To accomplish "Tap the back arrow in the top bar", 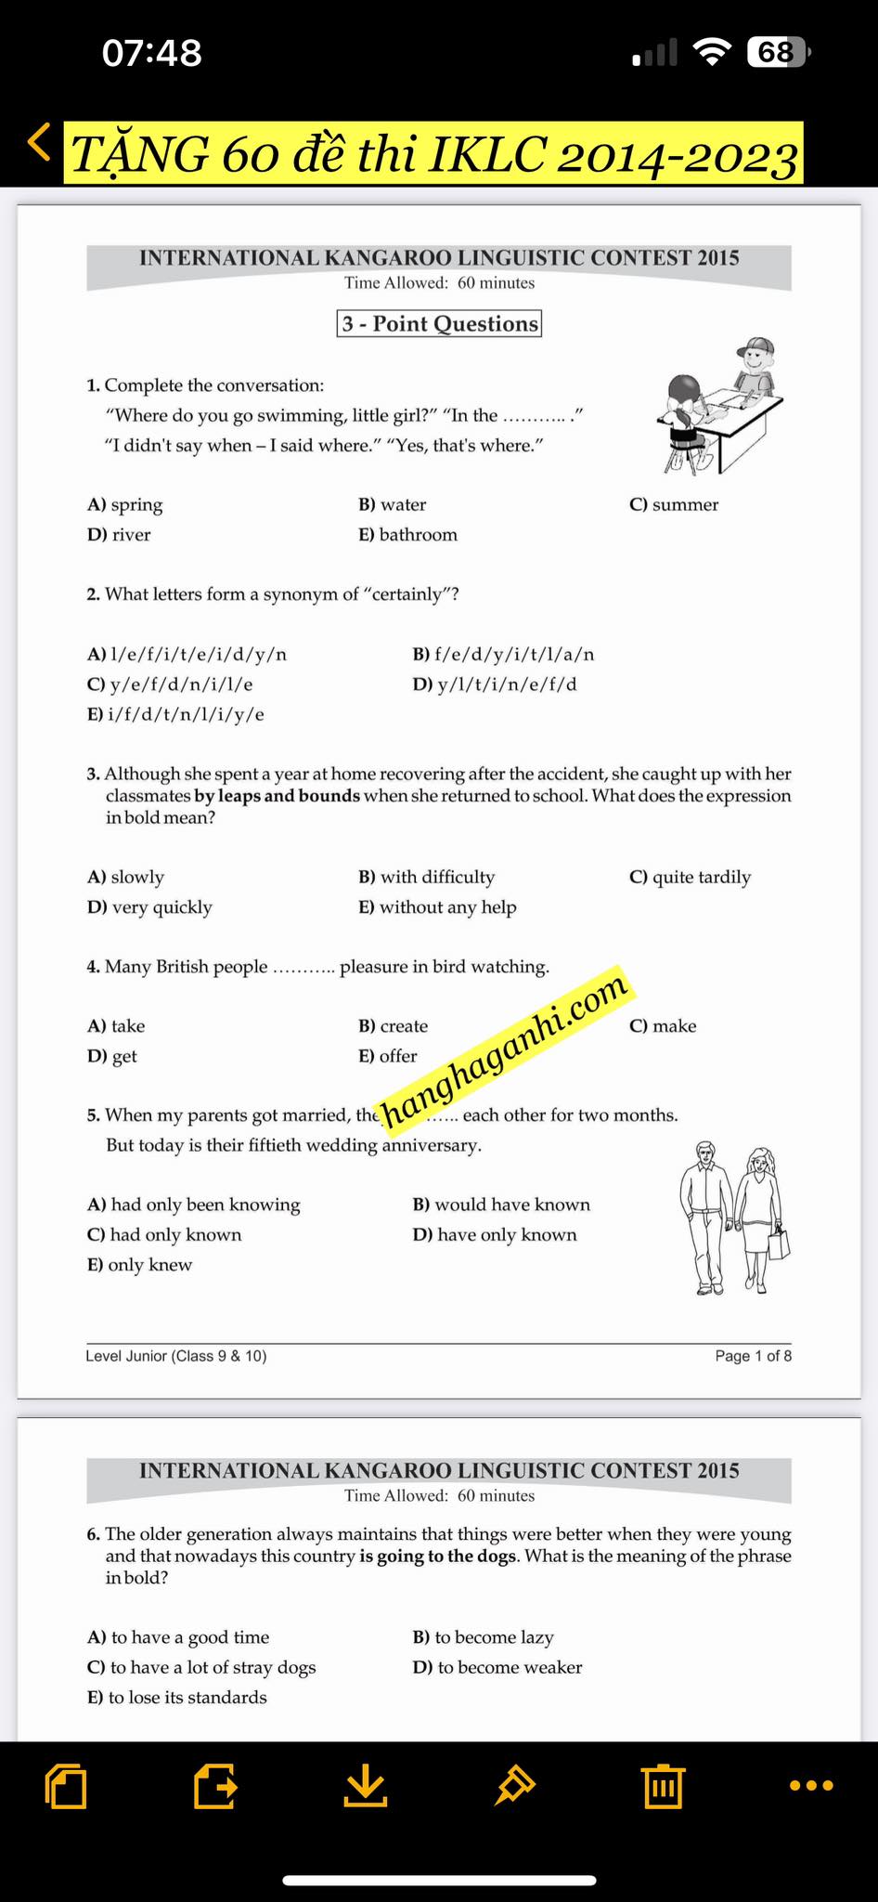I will [x=39, y=143].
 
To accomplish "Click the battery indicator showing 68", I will [x=778, y=52].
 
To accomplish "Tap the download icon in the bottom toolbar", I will [x=366, y=1785].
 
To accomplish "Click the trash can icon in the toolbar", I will [x=662, y=1785].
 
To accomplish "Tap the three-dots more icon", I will [x=810, y=1785].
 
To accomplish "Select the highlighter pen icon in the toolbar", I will [x=514, y=1785].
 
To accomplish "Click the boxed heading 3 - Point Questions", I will [x=439, y=323].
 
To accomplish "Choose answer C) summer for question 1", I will [x=674, y=504].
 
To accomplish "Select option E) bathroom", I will [x=407, y=534].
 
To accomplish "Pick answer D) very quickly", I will [x=149, y=906].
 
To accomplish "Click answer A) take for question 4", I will [x=116, y=1025].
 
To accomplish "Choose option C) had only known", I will [x=164, y=1234].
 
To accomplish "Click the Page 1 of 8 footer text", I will [x=753, y=1356].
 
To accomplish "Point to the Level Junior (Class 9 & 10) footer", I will [x=176, y=1356].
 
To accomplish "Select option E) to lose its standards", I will [x=176, y=1697].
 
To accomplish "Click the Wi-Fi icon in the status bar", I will [x=712, y=52].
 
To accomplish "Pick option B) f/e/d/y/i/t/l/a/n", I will [x=503, y=654].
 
